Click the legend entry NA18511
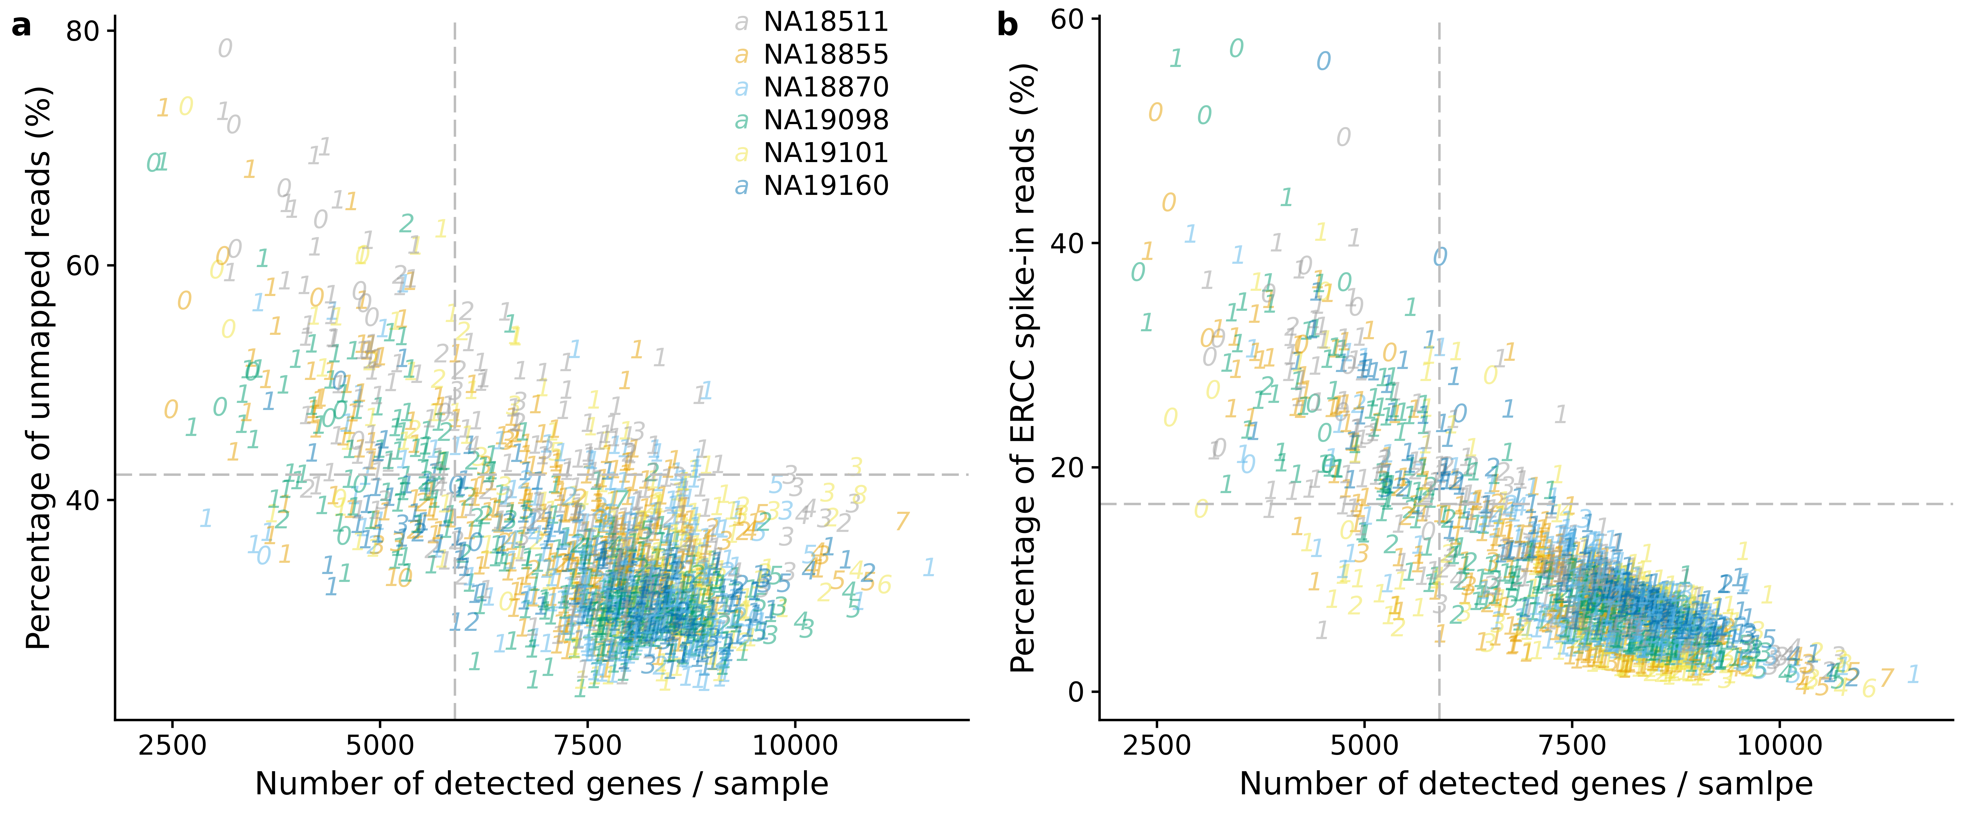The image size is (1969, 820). tap(826, 22)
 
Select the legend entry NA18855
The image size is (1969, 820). tap(826, 55)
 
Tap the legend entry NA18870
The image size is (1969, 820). tap(826, 88)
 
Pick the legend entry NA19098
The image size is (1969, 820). tap(826, 121)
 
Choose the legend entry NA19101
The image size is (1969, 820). tap(826, 154)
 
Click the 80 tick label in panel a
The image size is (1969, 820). tap(83, 32)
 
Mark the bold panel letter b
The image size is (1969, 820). tap(1007, 26)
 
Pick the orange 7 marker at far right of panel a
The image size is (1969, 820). tap(903, 522)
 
